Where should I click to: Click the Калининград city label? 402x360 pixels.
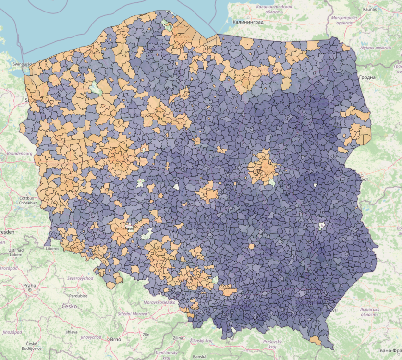tap(248, 22)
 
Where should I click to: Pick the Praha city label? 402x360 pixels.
tap(29, 285)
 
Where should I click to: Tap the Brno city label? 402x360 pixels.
tap(115, 339)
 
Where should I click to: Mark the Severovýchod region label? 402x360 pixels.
tap(80, 278)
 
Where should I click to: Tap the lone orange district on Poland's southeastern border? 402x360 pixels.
tap(316, 340)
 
